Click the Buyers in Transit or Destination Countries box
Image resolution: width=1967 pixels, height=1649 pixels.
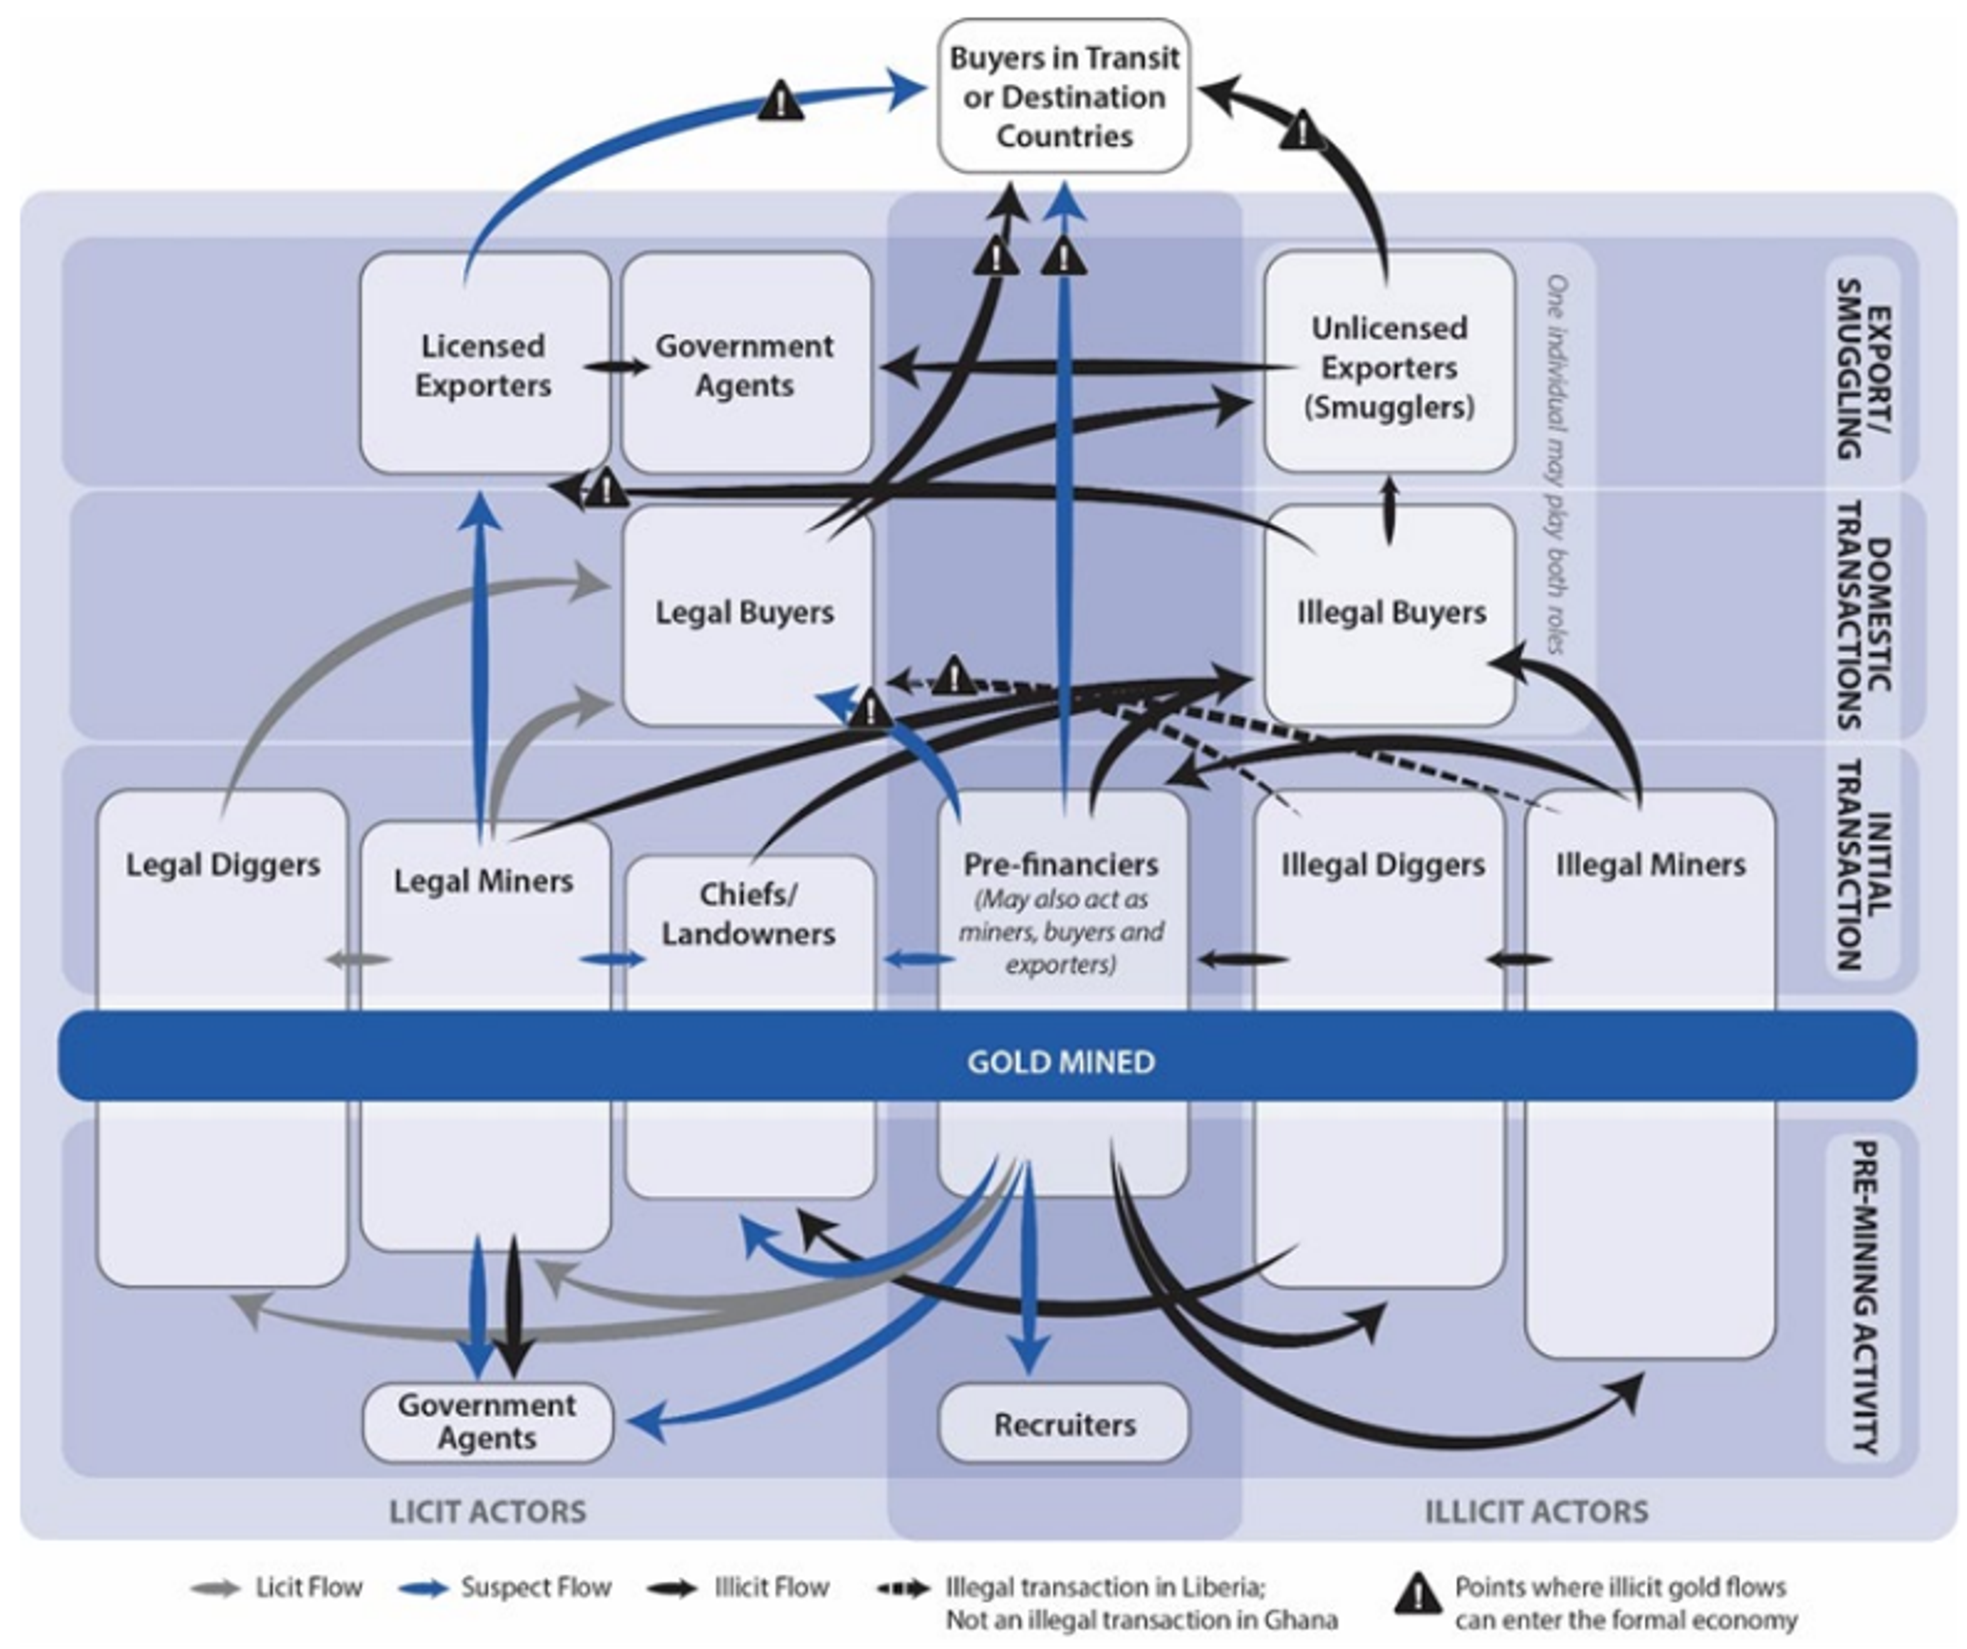1064,96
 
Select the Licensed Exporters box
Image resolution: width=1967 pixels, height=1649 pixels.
484,365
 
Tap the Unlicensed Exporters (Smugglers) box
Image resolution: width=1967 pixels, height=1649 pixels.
1389,367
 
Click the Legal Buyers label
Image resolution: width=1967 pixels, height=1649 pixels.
745,612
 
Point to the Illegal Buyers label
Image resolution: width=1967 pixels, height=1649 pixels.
1391,612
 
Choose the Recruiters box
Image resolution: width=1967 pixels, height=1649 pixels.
1064,1424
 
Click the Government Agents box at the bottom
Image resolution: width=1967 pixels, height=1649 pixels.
487,1422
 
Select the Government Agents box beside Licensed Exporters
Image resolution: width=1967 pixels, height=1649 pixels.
745,365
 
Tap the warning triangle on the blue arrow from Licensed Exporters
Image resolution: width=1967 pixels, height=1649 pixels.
780,100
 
